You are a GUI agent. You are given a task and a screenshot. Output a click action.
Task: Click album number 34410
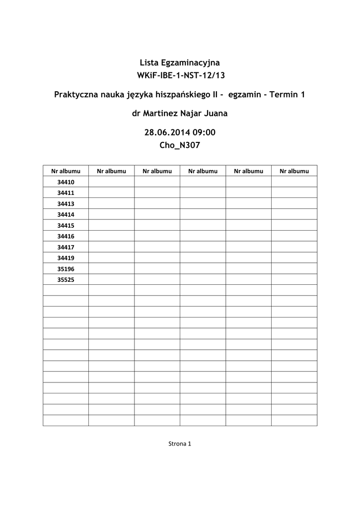[66, 182]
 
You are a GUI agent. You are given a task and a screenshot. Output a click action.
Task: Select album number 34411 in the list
[66, 193]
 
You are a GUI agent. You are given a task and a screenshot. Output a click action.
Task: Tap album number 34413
[66, 204]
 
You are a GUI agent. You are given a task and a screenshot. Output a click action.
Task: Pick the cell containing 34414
[66, 215]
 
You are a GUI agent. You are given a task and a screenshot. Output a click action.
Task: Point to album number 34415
[66, 226]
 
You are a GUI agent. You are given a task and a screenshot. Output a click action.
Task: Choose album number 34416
[66, 237]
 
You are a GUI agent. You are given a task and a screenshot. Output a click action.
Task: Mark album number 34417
[66, 247]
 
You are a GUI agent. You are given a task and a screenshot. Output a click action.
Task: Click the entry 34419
[66, 258]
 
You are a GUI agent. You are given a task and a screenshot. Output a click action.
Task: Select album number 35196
[66, 269]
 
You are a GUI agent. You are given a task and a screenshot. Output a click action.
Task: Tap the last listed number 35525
[66, 280]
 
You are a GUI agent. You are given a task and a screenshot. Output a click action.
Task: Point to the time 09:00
[204, 132]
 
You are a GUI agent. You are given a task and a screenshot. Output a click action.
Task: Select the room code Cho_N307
[180, 145]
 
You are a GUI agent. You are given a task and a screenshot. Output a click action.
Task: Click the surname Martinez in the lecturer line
[161, 113]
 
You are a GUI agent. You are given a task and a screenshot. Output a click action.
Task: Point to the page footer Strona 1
[180, 444]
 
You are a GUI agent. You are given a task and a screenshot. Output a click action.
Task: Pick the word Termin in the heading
[284, 94]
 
